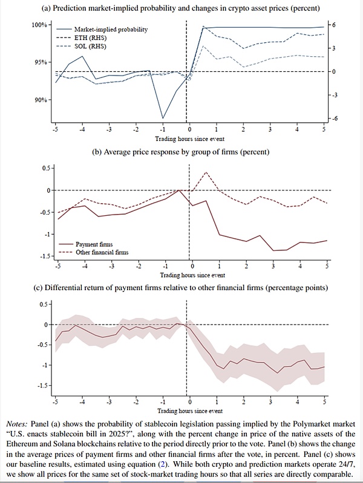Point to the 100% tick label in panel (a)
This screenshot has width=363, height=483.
point(38,25)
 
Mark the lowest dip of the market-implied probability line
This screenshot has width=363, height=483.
point(162,118)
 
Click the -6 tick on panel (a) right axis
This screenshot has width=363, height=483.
point(332,118)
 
